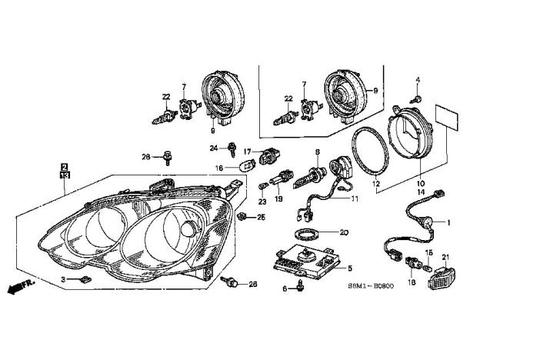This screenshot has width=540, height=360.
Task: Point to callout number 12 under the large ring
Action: coord(375,185)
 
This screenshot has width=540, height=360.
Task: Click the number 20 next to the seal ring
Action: coord(344,232)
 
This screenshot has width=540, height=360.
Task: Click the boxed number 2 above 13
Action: coord(65,166)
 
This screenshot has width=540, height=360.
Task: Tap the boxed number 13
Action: coord(65,175)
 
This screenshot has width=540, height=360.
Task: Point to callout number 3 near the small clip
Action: coord(64,278)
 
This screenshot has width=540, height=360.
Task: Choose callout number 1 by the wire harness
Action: coord(450,223)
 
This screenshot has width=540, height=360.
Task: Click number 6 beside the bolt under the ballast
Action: coord(284,288)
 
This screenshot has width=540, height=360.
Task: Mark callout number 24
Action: coord(213,146)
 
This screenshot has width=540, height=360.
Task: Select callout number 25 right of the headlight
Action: coord(261,217)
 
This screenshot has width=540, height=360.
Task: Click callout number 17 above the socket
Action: coord(248,151)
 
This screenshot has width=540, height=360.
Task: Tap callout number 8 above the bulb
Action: coord(317,153)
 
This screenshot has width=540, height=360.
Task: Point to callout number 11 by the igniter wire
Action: coord(355,198)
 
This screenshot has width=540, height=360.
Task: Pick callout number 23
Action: coord(262,202)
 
